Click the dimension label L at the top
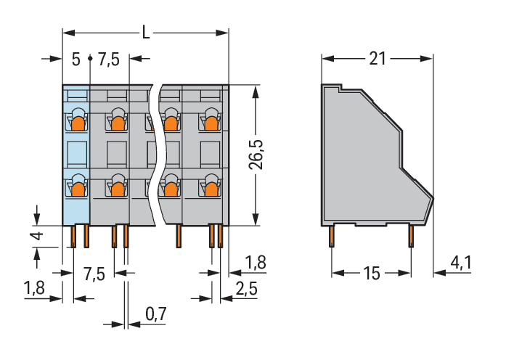[146, 33]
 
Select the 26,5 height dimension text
[256, 155]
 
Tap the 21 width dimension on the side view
[378, 59]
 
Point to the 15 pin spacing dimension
[372, 273]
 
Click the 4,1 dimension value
[461, 263]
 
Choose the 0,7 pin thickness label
[156, 314]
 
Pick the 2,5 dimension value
[247, 288]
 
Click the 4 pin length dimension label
[38, 236]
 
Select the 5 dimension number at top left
[76, 60]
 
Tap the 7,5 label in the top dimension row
[109, 60]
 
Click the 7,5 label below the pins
[94, 274]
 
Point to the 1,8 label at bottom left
[35, 287]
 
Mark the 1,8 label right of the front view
[256, 262]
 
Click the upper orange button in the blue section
[78, 123]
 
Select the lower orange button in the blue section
[78, 189]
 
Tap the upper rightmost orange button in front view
[211, 123]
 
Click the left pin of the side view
[332, 236]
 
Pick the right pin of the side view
[411, 236]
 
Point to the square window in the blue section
[77, 154]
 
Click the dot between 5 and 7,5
[90, 58]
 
